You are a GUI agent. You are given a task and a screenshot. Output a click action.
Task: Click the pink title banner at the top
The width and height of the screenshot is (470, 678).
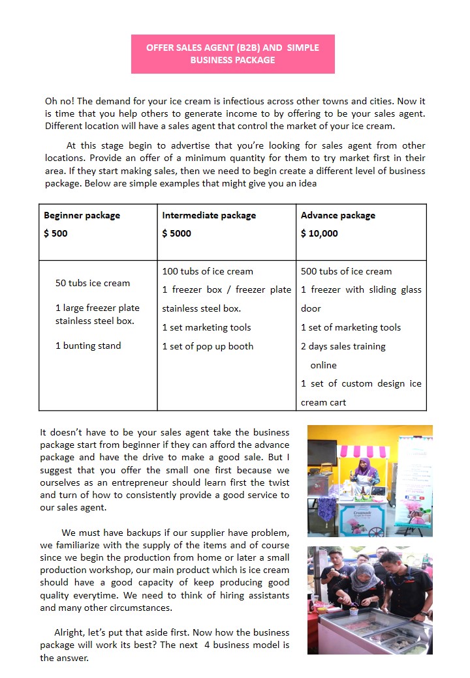[232, 54]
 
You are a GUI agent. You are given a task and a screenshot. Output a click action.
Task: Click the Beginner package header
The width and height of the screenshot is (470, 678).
[82, 215]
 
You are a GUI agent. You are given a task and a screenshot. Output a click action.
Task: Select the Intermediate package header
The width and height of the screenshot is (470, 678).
[209, 215]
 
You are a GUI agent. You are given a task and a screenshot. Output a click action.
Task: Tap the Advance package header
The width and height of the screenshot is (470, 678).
[337, 215]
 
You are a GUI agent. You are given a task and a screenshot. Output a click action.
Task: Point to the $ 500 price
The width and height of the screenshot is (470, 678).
[55, 233]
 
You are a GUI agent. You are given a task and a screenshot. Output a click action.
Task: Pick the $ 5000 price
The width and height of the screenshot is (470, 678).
[176, 233]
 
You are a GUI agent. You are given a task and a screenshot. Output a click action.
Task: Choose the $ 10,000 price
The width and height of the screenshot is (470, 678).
[319, 233]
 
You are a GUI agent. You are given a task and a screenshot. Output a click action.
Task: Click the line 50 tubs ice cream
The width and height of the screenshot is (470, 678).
[93, 283]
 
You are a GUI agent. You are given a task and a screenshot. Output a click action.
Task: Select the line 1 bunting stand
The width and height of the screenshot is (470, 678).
[88, 346]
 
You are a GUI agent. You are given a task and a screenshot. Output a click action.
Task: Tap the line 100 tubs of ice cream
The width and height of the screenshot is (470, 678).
[208, 271]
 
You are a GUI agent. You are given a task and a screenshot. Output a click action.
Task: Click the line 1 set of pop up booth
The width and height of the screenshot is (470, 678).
[208, 346]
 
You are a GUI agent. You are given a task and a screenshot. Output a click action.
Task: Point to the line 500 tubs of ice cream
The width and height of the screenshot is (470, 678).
[346, 271]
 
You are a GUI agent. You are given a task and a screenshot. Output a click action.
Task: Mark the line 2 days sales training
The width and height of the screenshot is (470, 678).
[343, 346]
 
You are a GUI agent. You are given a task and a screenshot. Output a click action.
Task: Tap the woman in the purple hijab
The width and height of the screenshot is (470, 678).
[365, 471]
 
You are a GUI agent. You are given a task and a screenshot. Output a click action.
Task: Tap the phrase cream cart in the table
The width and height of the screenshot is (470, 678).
[323, 402]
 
